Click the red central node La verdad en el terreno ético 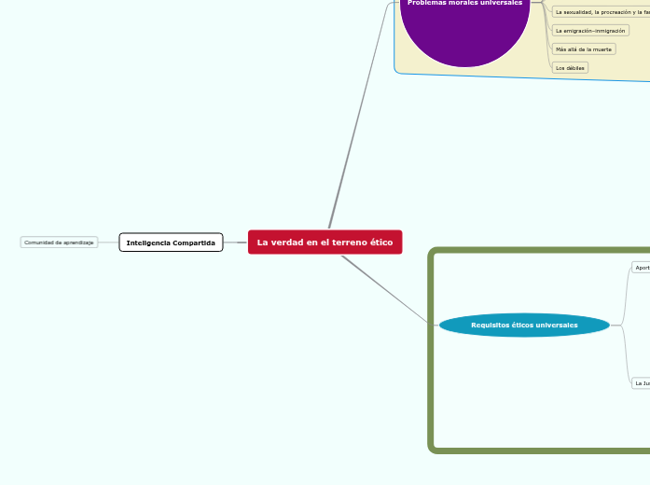coord(325,242)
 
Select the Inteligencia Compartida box coord(171,242)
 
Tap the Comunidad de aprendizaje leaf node coord(59,242)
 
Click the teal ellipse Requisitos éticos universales coord(524,326)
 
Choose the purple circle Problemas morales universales coord(464,28)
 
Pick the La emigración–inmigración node coord(590,31)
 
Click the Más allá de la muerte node coord(584,48)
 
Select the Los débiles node coord(570,68)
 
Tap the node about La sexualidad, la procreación coord(601,12)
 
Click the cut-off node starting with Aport coord(642,268)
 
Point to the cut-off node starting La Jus coord(642,382)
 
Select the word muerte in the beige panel coord(602,48)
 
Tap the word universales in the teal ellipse coord(555,326)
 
